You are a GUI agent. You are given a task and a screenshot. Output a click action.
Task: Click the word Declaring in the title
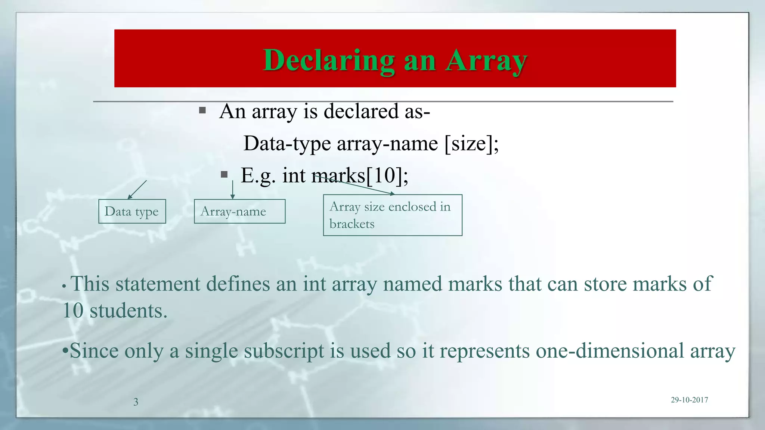pos(329,60)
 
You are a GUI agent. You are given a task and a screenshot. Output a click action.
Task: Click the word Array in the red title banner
pos(486,60)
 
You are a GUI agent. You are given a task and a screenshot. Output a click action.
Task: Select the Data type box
pos(132,211)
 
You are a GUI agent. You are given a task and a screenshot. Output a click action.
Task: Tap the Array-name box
pos(239,211)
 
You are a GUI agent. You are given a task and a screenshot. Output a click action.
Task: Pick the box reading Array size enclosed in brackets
pos(393,215)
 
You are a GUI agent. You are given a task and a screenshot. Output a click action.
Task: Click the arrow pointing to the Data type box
pos(137,190)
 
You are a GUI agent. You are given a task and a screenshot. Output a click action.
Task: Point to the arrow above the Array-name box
pos(233,190)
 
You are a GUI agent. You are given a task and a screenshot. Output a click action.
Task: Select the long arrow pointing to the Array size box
pos(355,186)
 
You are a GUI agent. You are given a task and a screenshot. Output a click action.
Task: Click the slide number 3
pos(136,402)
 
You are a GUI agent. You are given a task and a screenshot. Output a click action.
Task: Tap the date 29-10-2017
pos(689,400)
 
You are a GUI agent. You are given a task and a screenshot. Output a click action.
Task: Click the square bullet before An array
pos(202,110)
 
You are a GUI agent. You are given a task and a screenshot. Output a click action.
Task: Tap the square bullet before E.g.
pos(224,174)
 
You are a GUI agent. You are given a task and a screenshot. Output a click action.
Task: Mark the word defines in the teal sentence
pos(238,284)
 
